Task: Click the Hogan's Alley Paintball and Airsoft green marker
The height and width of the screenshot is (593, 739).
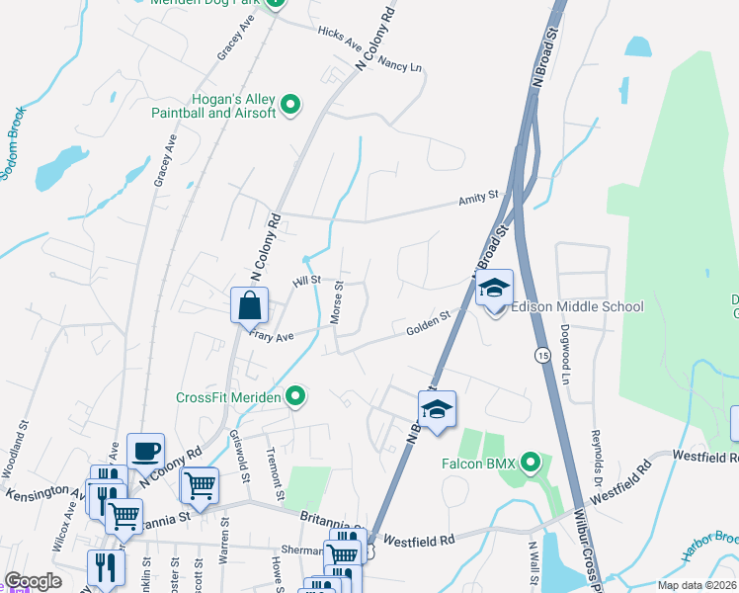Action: pyautogui.click(x=290, y=104)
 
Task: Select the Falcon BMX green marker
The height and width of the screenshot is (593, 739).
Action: pyautogui.click(x=531, y=461)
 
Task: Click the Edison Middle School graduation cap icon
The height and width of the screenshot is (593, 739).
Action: pyautogui.click(x=494, y=289)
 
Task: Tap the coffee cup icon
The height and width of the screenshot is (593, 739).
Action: pyautogui.click(x=146, y=452)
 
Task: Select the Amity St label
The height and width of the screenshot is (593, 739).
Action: pyautogui.click(x=478, y=199)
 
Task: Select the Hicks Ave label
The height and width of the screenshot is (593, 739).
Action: pyautogui.click(x=340, y=38)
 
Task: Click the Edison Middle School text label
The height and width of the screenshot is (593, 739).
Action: pyautogui.click(x=577, y=306)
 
